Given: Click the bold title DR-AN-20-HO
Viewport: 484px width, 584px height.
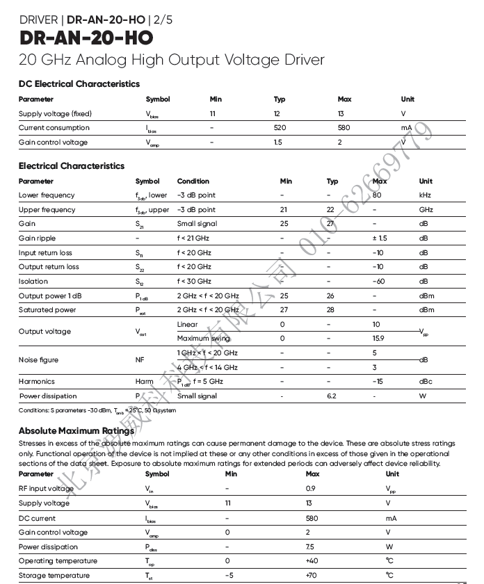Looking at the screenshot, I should (86, 38).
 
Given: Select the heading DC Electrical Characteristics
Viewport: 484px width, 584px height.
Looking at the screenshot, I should (79, 84).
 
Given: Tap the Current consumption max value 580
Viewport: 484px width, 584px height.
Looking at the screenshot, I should (344, 128).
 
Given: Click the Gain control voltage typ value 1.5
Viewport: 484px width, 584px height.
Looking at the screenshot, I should (278, 143).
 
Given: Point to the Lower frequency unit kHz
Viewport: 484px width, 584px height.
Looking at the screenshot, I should (425, 195).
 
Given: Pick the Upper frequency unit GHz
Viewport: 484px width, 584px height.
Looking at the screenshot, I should (426, 210).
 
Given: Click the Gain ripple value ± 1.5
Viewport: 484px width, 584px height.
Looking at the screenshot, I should (380, 238).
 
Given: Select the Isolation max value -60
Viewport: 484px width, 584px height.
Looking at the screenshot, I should (378, 282).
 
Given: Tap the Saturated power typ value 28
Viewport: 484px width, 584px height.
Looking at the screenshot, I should (330, 310).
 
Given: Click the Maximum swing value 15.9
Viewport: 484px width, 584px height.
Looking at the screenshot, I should (378, 339).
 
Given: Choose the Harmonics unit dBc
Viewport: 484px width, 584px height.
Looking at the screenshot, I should (426, 382).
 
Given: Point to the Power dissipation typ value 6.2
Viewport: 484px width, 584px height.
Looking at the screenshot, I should (331, 396).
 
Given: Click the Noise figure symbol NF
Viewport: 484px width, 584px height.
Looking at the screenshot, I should (140, 360).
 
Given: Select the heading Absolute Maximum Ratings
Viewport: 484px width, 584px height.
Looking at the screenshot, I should (76, 431).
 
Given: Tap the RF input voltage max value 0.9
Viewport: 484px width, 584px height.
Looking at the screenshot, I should (311, 489).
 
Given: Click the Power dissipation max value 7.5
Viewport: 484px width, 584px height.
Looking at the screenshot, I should (311, 547).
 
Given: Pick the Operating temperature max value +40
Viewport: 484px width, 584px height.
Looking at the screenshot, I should (312, 561).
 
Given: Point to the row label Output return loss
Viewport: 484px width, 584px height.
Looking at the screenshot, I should (49, 267).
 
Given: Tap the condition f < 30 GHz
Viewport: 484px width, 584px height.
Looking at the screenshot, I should (194, 282).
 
